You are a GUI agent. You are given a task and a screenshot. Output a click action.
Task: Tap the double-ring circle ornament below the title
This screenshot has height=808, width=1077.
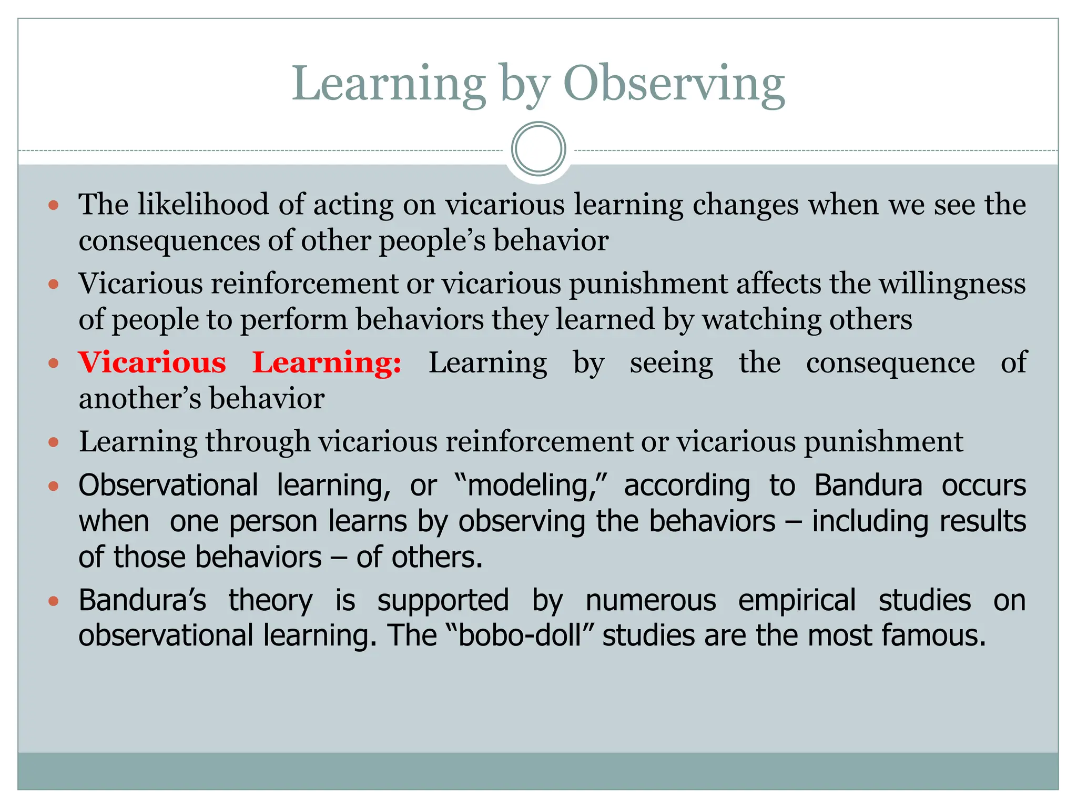[538, 149]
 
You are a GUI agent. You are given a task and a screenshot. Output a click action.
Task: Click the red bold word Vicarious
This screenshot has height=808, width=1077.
[152, 362]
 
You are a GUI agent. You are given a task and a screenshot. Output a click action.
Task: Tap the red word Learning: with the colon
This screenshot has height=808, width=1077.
[327, 363]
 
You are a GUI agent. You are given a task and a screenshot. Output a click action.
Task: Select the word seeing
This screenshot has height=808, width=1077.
[671, 363]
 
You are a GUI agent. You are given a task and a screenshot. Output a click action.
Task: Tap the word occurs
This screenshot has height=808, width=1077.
[983, 485]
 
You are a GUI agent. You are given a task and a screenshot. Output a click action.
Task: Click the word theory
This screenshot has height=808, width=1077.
[270, 600]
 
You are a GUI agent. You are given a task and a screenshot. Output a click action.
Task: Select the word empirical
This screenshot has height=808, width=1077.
[797, 600]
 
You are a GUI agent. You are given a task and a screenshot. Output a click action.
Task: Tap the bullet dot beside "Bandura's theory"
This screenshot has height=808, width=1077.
[53, 601]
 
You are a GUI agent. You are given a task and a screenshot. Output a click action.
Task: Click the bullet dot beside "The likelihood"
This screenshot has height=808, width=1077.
[53, 205]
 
